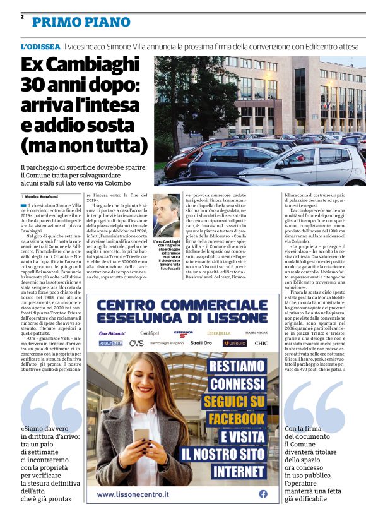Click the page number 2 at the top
(x=22, y=17)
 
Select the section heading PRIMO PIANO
(x=81, y=22)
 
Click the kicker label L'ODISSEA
(x=40, y=47)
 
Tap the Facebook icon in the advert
(x=263, y=494)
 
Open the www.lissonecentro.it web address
(x=140, y=494)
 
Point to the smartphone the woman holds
(x=140, y=435)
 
